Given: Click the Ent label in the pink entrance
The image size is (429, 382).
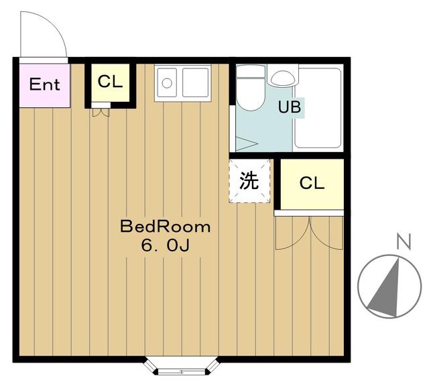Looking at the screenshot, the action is [45, 84].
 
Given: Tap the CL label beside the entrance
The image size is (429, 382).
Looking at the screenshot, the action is [110, 82].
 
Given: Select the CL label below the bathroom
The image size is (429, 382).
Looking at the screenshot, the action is [312, 183].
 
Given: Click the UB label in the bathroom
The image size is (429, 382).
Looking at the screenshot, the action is [290, 107].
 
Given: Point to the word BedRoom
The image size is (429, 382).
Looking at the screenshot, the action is [166, 227].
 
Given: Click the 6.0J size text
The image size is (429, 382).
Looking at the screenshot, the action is [166, 245].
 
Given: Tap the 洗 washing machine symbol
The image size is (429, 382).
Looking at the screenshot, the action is [249, 181].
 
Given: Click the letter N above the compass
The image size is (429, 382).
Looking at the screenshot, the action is [404, 241].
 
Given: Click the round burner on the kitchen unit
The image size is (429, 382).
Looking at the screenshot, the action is [167, 83].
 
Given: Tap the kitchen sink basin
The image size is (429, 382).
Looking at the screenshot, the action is [195, 82].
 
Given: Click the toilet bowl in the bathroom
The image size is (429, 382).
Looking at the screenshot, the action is [250, 94].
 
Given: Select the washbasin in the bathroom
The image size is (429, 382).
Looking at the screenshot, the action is [283, 78].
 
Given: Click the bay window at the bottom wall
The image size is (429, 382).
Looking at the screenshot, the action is [182, 366].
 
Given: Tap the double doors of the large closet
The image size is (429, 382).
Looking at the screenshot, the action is [309, 233].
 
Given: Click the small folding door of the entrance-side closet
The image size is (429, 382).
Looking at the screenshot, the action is [101, 113].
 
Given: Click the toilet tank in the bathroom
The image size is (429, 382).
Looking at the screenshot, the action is [251, 72].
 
